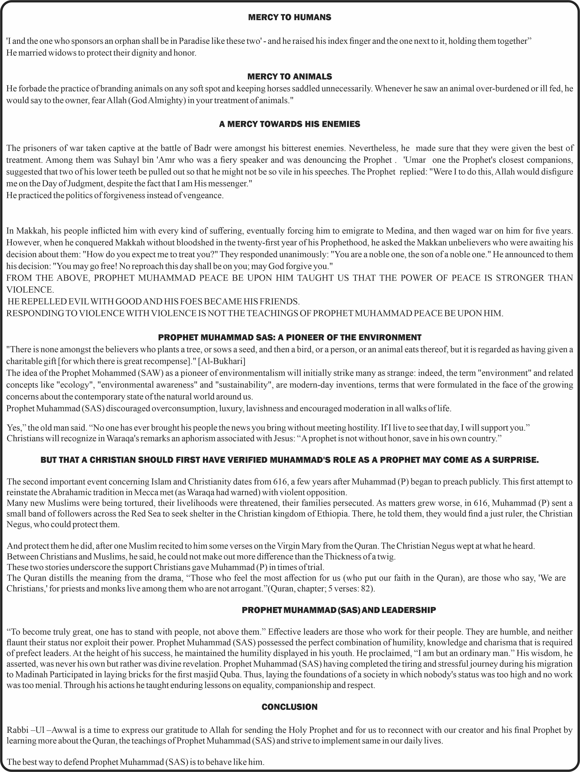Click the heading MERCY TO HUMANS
tap(289, 17)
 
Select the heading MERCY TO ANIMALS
tap(289, 76)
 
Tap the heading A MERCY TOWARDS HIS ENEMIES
tap(289, 124)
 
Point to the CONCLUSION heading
tap(289, 707)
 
